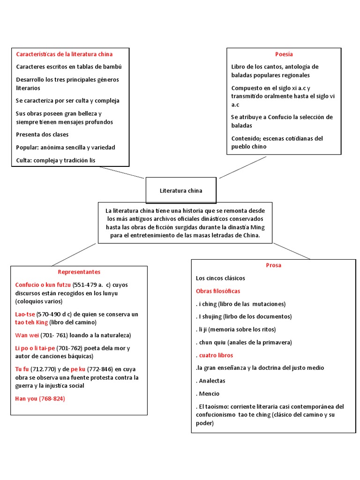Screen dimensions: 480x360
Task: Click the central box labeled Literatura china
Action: click(181, 191)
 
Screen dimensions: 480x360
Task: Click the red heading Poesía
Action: click(284, 54)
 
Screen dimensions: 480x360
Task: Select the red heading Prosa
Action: click(273, 265)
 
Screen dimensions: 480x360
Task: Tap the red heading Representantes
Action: click(79, 272)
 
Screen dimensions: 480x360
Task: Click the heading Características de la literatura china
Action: click(64, 54)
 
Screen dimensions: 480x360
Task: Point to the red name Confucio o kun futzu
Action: click(43, 285)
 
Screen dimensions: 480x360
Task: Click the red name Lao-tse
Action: click(25, 314)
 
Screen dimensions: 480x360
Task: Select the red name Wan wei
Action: click(27, 335)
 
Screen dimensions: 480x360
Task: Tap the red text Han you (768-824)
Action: click(40, 398)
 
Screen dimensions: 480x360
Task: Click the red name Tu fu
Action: click(22, 369)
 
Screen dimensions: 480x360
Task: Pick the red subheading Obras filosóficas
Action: click(218, 291)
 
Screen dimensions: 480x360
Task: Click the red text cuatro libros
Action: click(216, 355)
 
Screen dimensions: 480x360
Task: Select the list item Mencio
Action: click(209, 394)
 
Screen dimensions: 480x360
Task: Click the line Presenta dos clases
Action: click(42, 135)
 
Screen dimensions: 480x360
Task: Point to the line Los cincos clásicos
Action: click(220, 278)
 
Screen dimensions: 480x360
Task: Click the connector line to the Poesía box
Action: click(242, 167)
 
